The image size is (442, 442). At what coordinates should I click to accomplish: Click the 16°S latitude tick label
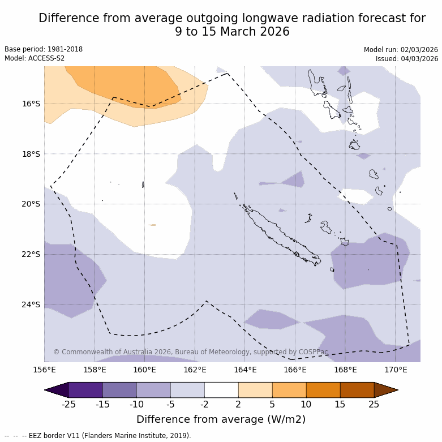click(31, 104)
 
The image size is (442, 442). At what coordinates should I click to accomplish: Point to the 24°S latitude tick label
click(31, 304)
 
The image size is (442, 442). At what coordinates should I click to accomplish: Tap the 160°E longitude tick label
click(144, 370)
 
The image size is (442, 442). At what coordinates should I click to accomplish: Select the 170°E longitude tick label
click(396, 370)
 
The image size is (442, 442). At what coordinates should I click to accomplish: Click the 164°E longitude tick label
click(245, 370)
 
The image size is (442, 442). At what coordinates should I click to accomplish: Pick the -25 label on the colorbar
click(68, 404)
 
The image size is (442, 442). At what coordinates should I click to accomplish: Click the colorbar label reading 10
click(306, 404)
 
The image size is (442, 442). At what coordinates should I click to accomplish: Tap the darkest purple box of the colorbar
click(85, 390)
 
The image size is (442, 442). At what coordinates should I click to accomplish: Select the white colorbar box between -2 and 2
click(221, 390)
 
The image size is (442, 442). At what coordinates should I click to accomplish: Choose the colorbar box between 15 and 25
click(357, 390)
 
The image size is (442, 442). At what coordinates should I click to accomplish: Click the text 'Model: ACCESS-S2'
click(35, 58)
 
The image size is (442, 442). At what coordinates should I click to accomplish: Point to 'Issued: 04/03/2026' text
click(407, 58)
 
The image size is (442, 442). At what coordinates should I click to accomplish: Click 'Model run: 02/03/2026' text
click(401, 49)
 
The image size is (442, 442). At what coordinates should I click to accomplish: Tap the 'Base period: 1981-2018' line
click(44, 49)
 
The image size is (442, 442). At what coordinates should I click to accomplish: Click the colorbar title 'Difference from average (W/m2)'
click(221, 419)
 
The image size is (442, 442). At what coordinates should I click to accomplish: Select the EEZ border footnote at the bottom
click(98, 436)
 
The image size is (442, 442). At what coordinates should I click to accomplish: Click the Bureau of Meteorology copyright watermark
click(191, 352)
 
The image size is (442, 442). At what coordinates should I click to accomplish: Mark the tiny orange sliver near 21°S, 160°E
click(152, 225)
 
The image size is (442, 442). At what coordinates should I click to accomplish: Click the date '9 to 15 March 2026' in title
click(232, 32)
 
